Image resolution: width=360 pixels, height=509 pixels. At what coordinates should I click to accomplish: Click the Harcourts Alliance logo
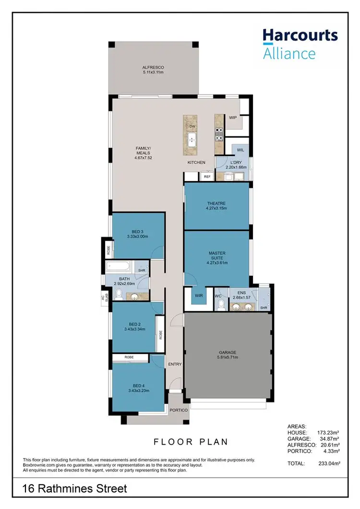300,44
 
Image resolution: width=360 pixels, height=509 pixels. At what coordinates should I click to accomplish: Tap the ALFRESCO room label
153,67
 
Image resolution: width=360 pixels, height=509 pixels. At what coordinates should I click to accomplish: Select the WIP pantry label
233,118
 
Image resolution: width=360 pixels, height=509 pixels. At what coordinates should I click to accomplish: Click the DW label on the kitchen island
192,126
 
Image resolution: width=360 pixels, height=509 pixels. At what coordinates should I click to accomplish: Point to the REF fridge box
207,177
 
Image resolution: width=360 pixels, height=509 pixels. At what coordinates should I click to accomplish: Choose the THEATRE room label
216,203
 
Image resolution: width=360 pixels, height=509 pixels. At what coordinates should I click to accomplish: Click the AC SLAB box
104,297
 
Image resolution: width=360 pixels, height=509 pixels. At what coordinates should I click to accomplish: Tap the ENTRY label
175,364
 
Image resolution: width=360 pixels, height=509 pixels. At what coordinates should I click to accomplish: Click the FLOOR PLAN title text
191,441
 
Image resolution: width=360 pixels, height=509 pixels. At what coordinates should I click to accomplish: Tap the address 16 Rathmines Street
75,489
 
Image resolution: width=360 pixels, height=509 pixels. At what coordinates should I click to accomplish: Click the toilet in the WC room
221,306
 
